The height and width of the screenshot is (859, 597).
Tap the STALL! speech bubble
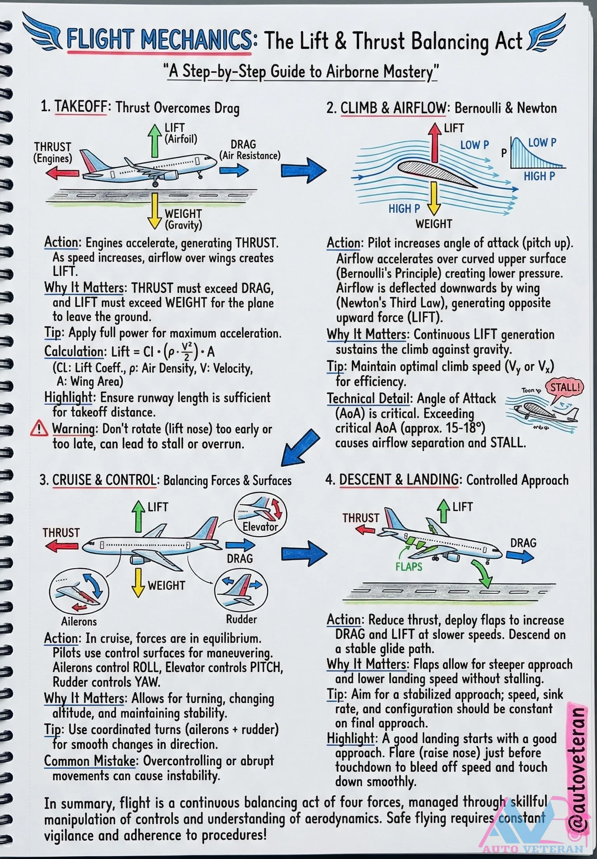coord(565,387)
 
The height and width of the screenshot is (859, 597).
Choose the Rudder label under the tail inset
coord(241,619)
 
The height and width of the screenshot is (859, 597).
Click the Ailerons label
coord(79,621)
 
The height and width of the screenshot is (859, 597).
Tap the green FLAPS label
coord(408,567)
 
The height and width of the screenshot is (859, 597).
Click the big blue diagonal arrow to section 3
coord(300,447)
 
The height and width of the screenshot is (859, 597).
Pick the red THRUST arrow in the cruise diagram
coord(61,546)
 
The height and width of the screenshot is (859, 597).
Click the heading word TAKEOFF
coord(80,107)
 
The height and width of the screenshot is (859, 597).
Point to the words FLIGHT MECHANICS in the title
coord(159,40)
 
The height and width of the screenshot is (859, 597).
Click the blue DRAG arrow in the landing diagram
coord(520,556)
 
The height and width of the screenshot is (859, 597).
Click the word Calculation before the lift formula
coord(74,352)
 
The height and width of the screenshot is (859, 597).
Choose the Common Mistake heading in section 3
coord(89,761)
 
